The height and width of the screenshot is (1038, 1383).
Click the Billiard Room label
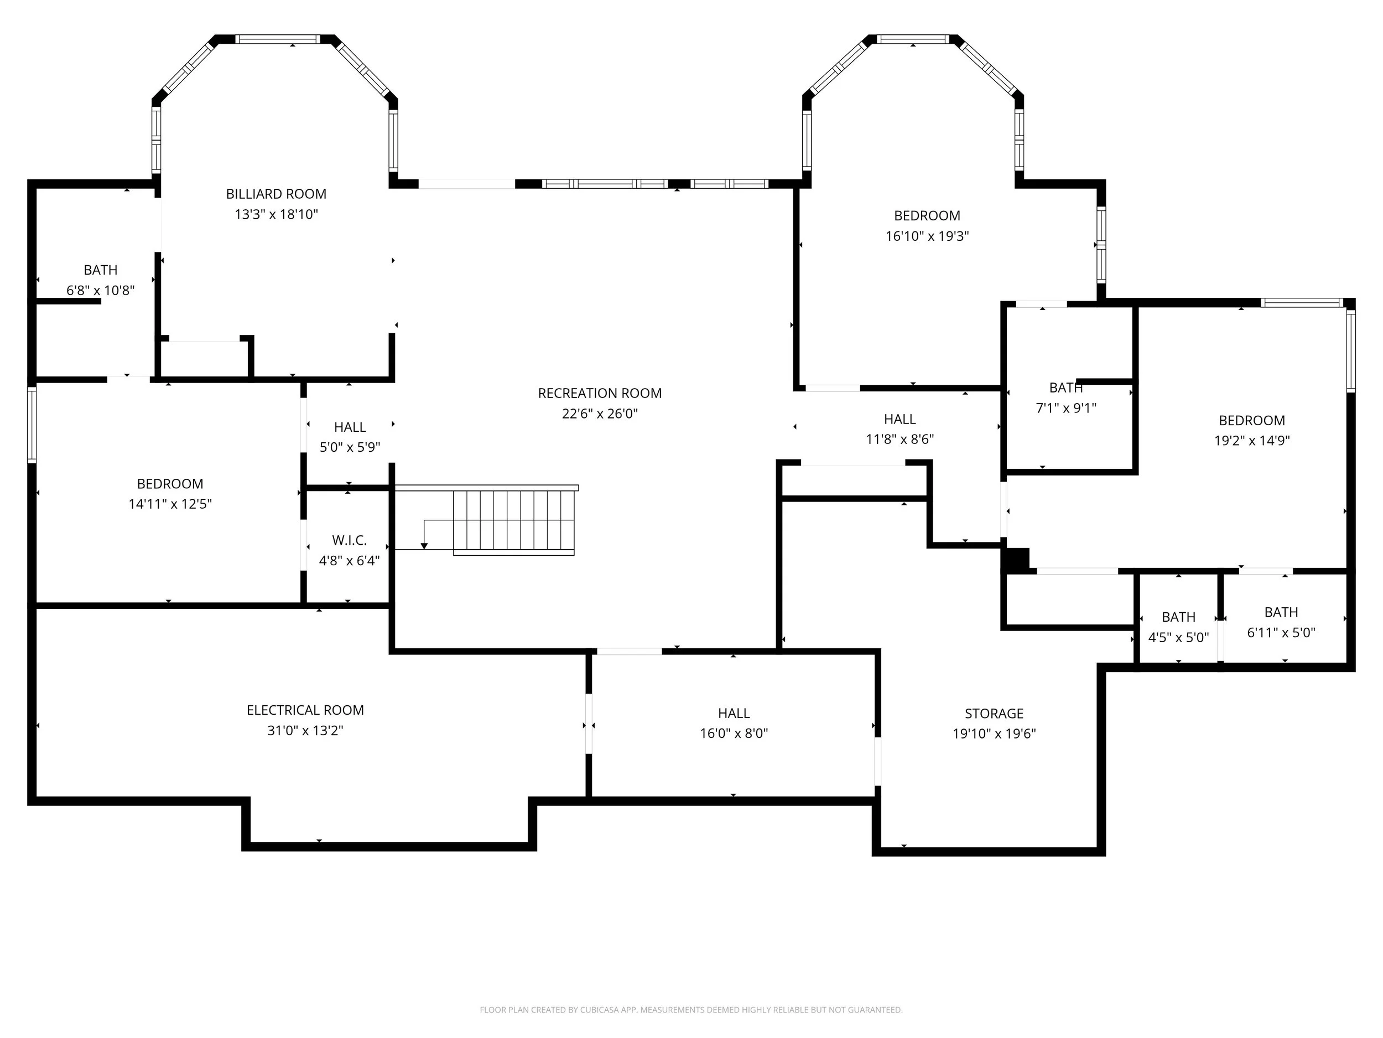(277, 194)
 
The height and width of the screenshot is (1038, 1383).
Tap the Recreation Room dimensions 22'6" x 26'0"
(600, 414)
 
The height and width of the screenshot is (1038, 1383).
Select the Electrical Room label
(305, 710)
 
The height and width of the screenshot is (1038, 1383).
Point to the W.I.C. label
(350, 540)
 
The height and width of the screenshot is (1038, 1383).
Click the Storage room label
(994, 713)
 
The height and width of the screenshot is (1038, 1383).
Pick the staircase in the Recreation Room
(513, 523)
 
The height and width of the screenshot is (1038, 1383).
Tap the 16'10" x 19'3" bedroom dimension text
(927, 236)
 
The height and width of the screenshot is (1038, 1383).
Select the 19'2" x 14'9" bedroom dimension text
(1252, 441)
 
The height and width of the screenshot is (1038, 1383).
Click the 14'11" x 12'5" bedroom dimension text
(170, 504)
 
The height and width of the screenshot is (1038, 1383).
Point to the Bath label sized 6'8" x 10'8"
(101, 270)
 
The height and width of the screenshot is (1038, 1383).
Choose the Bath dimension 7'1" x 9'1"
(1066, 408)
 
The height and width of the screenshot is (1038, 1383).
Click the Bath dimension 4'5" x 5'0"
(1178, 638)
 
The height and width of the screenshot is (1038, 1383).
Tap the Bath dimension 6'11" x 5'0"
(1281, 633)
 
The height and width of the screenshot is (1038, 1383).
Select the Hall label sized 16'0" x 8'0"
(734, 713)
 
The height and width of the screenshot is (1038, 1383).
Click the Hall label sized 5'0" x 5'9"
(350, 427)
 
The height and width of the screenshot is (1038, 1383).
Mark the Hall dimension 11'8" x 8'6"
(900, 439)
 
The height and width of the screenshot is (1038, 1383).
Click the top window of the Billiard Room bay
(278, 39)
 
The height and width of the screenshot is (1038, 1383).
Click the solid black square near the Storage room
(1016, 560)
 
